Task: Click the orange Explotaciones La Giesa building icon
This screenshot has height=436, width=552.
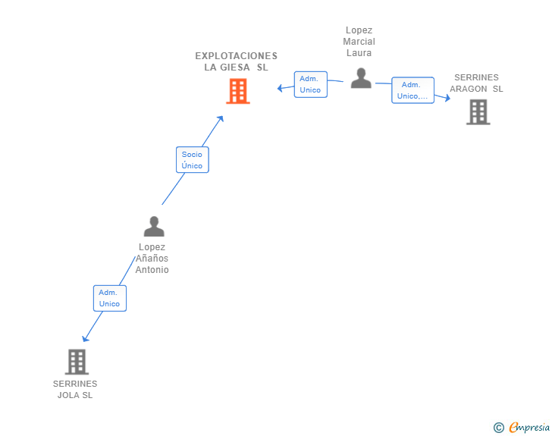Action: (237, 91)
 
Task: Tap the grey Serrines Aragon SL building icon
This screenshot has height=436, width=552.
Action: (478, 111)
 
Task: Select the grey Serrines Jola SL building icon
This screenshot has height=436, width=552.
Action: (77, 362)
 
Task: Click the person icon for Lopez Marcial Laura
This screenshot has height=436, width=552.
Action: (361, 77)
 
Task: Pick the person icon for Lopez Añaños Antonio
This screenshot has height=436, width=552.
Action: (154, 226)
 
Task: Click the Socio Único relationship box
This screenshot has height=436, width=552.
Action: (192, 160)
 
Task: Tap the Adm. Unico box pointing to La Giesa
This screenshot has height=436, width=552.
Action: (310, 84)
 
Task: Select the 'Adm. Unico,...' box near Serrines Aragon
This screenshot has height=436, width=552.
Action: (412, 90)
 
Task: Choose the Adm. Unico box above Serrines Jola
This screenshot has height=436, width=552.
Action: (109, 298)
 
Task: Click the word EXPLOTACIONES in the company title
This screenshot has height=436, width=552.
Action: (237, 56)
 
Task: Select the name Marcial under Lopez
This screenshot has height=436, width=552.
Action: (359, 42)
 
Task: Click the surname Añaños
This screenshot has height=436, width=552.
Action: (152, 259)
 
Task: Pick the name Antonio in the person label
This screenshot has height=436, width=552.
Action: (152, 270)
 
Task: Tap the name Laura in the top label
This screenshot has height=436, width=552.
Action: (359, 53)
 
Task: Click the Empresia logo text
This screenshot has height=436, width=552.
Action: (529, 427)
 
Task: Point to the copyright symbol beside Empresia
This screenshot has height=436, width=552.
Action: (498, 428)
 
